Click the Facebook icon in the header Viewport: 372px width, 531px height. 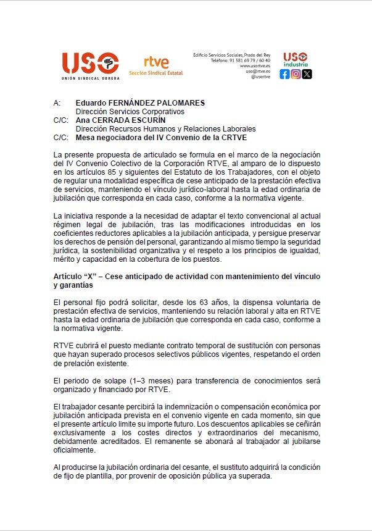(284, 74)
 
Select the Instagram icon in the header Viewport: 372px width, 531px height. (296, 74)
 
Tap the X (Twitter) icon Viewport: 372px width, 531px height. (307, 74)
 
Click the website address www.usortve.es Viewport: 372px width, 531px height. (255, 66)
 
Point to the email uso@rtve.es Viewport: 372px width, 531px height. (257, 72)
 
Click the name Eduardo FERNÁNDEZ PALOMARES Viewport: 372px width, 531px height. (139, 102)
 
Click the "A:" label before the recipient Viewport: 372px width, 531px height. (57, 102)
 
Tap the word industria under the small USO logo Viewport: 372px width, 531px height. (296, 64)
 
